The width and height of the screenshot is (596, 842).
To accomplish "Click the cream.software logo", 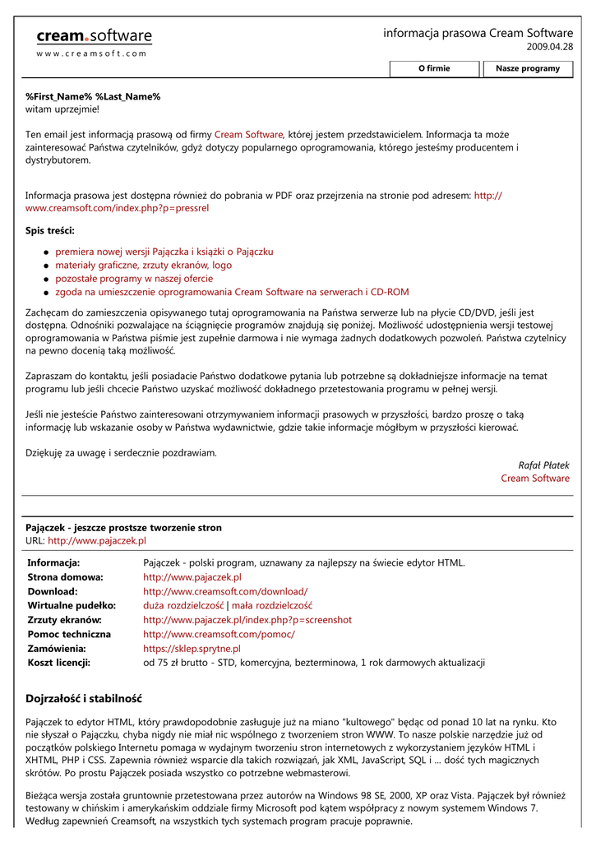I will tap(94, 38).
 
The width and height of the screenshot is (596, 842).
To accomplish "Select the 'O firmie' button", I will tap(434, 68).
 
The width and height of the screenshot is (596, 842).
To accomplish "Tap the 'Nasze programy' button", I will tap(527, 68).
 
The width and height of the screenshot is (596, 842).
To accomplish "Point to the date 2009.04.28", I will tap(549, 48).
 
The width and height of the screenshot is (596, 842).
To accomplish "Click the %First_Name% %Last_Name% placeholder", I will tap(93, 97).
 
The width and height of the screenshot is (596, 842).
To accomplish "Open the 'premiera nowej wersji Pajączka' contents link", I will tap(164, 252).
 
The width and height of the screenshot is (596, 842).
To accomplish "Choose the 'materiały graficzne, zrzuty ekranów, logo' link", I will tap(143, 266).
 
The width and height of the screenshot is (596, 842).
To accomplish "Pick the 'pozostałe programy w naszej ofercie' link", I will tap(134, 279).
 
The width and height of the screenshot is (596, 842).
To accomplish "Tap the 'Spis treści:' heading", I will tap(50, 230).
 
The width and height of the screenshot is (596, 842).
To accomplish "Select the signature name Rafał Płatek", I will tap(543, 465).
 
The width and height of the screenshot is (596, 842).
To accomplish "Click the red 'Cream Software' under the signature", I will tap(535, 479).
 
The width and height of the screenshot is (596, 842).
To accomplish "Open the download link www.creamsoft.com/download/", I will tap(225, 591).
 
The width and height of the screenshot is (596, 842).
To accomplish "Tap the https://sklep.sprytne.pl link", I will tap(192, 649).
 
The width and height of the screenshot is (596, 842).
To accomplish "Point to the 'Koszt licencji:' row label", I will tap(59, 663).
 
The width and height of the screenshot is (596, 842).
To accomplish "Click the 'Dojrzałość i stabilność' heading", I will tap(84, 699).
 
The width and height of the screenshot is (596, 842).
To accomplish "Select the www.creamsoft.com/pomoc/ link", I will tap(219, 635).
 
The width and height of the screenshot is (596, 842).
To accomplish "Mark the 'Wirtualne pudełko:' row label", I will tap(72, 605).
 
